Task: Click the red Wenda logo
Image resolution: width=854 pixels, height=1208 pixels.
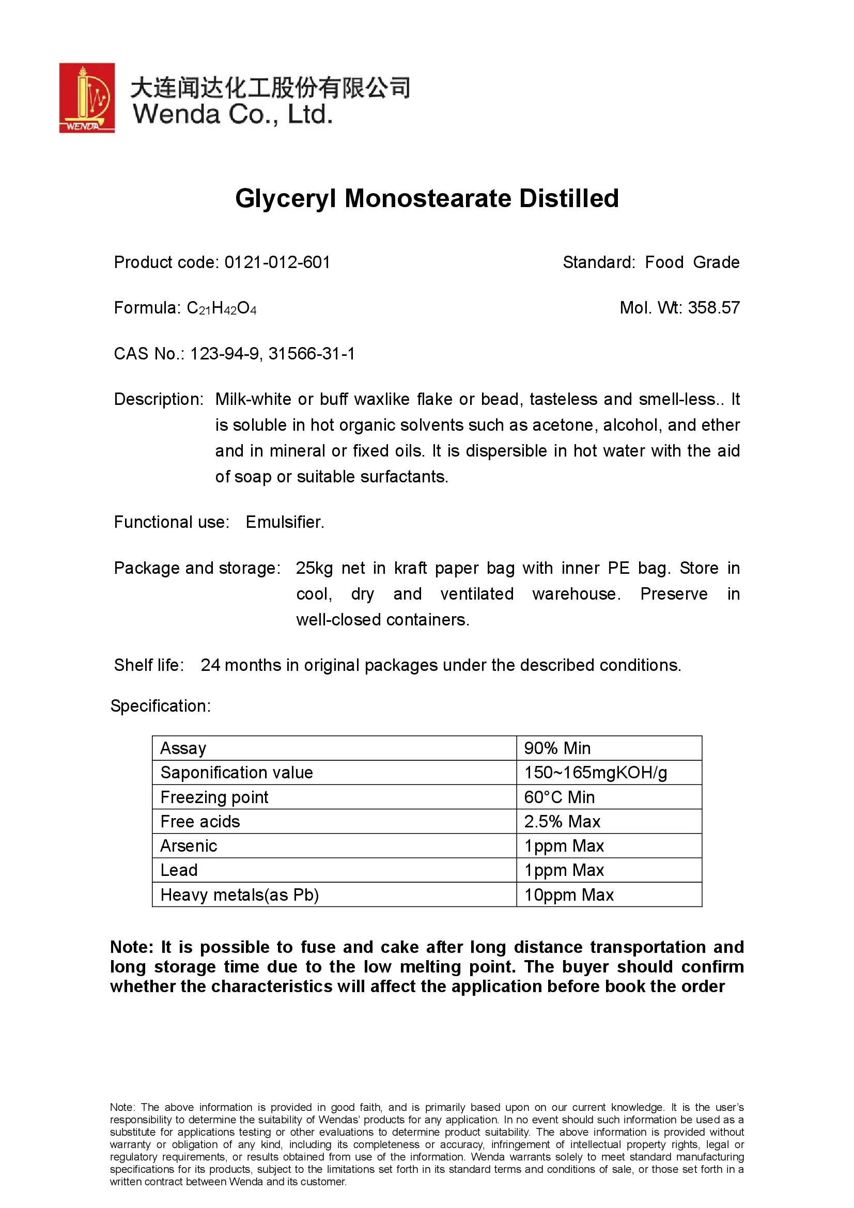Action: [x=87, y=98]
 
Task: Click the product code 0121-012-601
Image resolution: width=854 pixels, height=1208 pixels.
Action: [x=277, y=262]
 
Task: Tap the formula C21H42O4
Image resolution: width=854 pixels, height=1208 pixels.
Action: [x=222, y=308]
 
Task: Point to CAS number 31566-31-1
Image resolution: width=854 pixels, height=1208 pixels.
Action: [x=312, y=354]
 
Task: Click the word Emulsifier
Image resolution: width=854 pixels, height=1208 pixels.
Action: [x=285, y=522]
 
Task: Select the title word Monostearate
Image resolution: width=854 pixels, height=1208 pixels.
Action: [x=427, y=199]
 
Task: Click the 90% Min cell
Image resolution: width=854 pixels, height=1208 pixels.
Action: [x=557, y=748]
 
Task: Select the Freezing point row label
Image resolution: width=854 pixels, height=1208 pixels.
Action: [x=214, y=797]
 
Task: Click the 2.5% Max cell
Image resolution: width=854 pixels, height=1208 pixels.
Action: [x=562, y=821]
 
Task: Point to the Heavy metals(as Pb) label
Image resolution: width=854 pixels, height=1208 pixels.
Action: [x=239, y=895]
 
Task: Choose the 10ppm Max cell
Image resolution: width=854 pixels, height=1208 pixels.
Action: [x=569, y=895]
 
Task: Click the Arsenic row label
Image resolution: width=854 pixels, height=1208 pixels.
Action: [x=189, y=845]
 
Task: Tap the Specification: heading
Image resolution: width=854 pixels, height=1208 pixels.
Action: [x=161, y=706]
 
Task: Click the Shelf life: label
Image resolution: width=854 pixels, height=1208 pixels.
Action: [x=149, y=665]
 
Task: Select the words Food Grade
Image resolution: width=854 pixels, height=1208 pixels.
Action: [x=692, y=262]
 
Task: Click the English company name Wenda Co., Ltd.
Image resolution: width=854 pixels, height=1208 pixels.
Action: [x=232, y=114]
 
